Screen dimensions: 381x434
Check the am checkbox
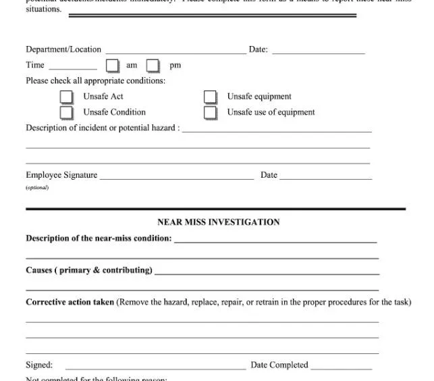(x=112, y=66)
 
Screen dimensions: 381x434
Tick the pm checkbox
(x=153, y=66)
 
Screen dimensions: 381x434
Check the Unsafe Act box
(x=66, y=97)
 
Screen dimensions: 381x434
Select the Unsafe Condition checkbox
(x=66, y=112)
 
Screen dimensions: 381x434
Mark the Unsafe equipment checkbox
(x=211, y=97)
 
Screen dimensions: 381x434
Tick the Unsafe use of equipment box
(x=211, y=112)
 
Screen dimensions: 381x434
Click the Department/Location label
(x=63, y=49)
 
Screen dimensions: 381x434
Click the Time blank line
(x=73, y=68)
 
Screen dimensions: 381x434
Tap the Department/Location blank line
(x=175, y=52)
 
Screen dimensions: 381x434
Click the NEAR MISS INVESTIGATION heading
(x=218, y=222)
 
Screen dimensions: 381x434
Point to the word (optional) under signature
(x=37, y=187)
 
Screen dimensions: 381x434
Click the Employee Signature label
(x=61, y=175)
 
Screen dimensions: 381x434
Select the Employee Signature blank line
(x=177, y=178)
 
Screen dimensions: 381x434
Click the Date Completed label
(x=279, y=365)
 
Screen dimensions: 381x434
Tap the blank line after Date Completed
(x=341, y=368)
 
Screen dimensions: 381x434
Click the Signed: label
(x=39, y=365)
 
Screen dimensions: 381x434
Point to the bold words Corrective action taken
(x=70, y=302)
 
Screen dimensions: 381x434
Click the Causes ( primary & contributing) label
(x=88, y=270)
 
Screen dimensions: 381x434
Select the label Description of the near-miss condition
(x=99, y=238)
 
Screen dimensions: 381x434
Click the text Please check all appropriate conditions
(x=95, y=80)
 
